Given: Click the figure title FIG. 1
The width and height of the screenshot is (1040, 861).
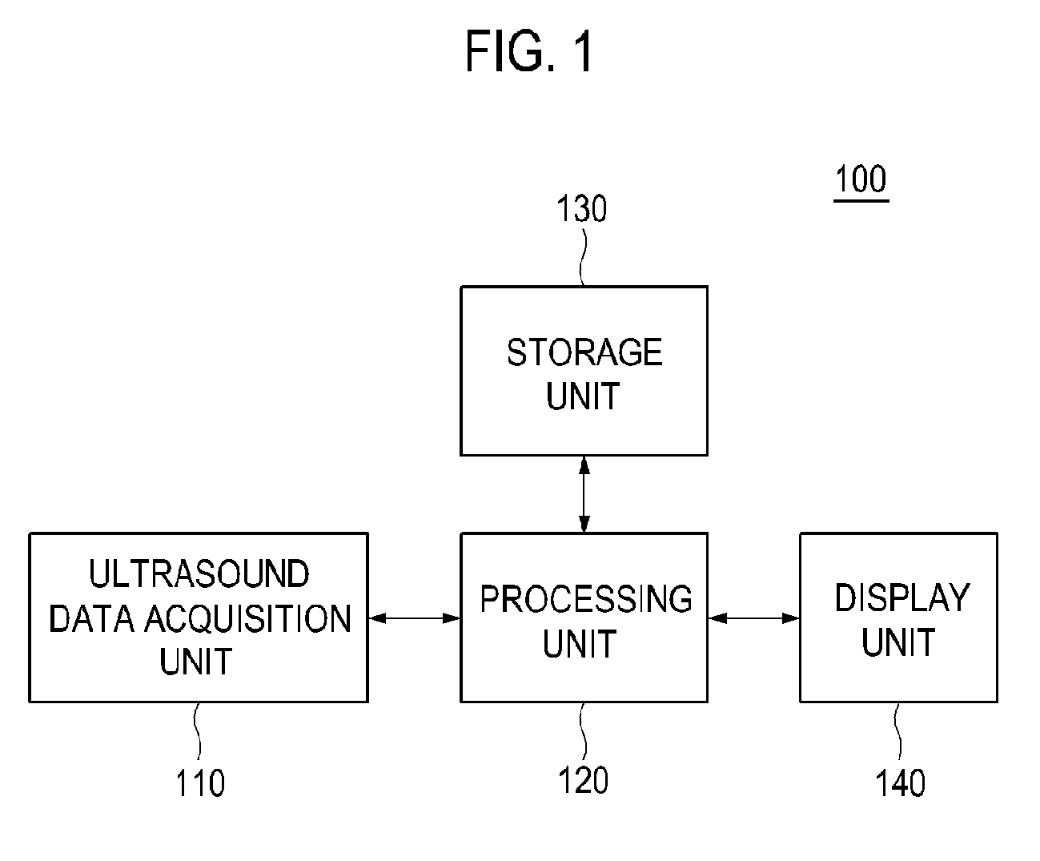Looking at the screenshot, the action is click(529, 50).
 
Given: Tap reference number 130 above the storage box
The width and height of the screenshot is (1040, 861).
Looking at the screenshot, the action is click(582, 209).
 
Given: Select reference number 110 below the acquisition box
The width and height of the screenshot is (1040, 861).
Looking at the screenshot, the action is click(200, 783).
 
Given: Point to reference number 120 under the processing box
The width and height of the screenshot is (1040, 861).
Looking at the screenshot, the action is click(584, 780).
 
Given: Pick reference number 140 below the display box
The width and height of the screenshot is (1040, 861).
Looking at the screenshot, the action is click(901, 783).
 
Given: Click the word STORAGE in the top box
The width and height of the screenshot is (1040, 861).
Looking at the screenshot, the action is click(584, 352).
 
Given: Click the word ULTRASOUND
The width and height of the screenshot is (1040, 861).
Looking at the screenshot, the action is click(199, 573).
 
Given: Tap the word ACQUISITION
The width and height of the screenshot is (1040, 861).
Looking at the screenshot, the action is click(248, 618).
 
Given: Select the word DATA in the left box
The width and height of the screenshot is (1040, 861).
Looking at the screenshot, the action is click(91, 618).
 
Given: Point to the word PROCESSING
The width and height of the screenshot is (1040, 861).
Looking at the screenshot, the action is click(586, 598).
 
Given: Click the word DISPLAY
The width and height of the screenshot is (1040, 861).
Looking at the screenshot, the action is click(902, 597).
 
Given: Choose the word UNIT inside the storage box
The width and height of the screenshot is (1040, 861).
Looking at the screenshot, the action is click(582, 396).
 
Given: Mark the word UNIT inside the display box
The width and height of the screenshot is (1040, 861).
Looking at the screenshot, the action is click(898, 642).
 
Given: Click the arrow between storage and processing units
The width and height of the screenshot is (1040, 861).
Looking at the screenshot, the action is click(584, 494).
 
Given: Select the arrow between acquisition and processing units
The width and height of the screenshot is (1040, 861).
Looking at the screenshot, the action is click(415, 618).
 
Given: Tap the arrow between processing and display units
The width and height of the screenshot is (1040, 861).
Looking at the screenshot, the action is click(753, 618).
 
